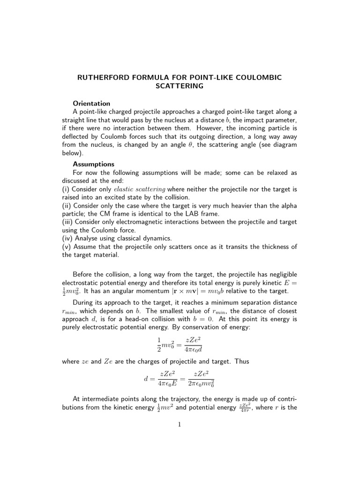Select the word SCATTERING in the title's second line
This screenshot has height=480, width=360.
point(180,86)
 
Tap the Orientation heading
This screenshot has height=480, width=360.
point(91,104)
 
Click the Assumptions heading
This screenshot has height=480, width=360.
point(93,164)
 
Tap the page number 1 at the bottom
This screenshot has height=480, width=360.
point(180,425)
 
